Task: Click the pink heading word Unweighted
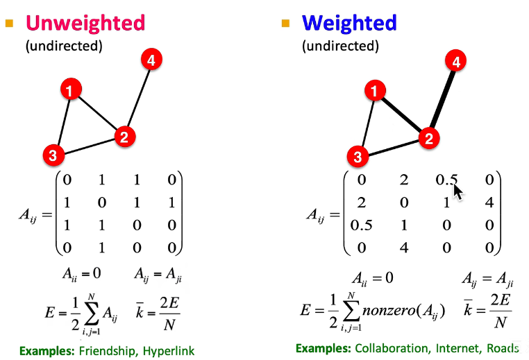[85, 22]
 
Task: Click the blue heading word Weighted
[349, 22]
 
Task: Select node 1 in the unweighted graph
[70, 89]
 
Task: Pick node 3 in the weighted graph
[358, 157]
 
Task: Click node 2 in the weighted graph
[428, 139]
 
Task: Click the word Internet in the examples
[457, 348]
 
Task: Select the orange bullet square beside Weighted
[285, 23]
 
